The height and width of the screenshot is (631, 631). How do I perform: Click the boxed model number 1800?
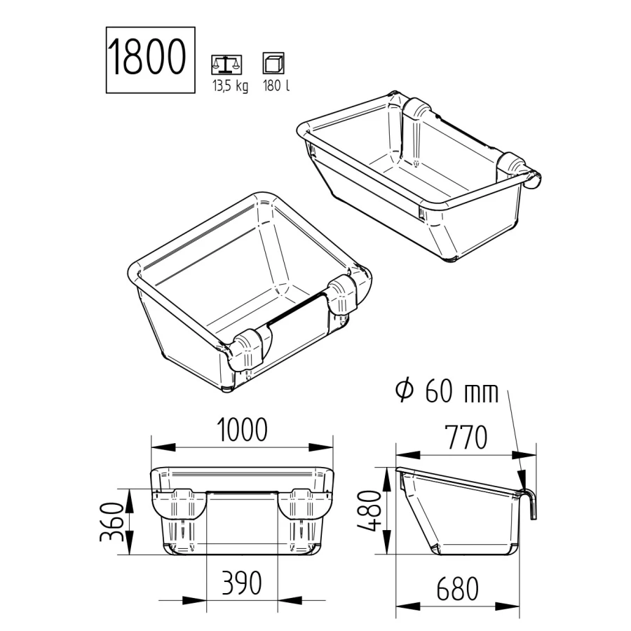tap(149, 60)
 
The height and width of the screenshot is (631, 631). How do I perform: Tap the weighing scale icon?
tap(225, 65)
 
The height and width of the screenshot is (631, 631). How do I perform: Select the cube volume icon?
tap(272, 65)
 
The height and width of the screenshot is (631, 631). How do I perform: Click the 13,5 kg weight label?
tap(230, 88)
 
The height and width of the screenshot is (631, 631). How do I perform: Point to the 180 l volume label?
tap(275, 88)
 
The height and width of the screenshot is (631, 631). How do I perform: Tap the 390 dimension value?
tap(242, 583)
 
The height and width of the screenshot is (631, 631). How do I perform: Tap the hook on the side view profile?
tap(531, 503)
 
